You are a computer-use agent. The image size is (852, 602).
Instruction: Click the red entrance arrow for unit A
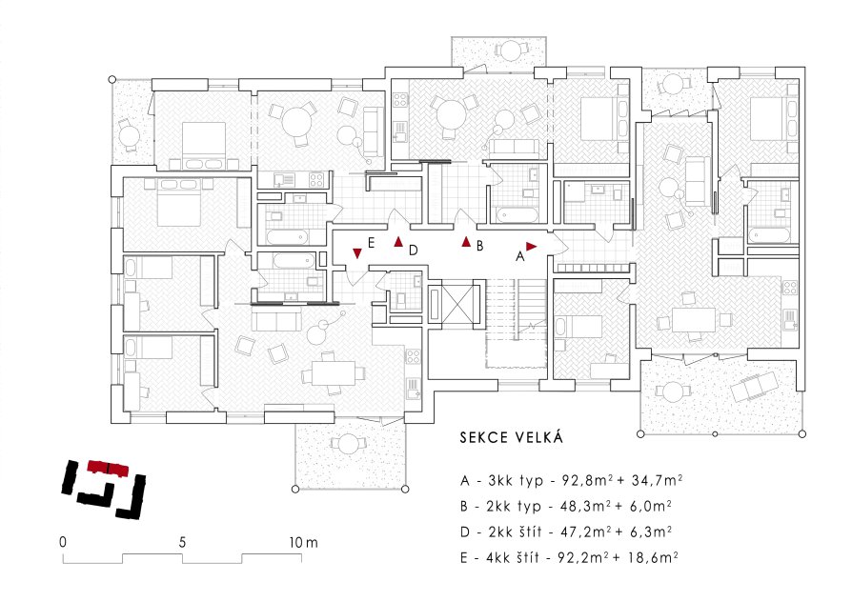(531, 247)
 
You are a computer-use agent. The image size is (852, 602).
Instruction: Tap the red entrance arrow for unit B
(466, 242)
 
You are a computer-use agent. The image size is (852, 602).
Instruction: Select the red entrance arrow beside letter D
(398, 242)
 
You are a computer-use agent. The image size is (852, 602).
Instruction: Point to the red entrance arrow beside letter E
(357, 253)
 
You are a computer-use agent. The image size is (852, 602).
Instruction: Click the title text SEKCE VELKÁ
(512, 437)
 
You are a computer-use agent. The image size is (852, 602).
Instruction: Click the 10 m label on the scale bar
(304, 542)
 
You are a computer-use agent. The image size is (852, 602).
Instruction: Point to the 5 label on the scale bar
(182, 542)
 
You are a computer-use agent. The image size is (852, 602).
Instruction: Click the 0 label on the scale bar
(63, 542)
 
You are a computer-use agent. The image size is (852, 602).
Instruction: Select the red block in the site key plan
(109, 468)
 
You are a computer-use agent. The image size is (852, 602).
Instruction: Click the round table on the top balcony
(510, 51)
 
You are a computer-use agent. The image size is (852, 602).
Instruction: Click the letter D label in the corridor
(414, 250)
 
